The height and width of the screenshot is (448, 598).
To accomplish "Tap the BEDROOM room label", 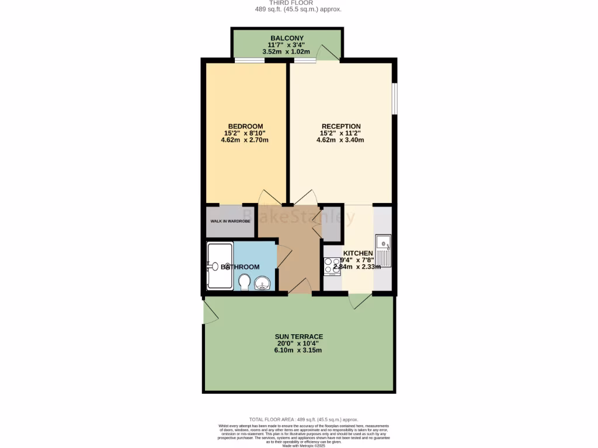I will point(245,127).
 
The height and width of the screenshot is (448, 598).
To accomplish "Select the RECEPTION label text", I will point(341,127).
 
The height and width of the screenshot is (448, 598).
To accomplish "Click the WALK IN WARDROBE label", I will point(230,222).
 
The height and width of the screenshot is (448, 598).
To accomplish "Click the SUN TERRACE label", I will point(299,337).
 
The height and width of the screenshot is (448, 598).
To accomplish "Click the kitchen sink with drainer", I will point(384,249).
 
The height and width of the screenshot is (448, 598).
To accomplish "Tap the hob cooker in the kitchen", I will point(332,266).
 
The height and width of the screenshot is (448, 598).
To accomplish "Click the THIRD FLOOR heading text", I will point(298,3).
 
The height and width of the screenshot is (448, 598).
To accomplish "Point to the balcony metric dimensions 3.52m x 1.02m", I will point(287,51).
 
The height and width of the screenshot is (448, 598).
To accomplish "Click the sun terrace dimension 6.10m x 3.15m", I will point(299,351).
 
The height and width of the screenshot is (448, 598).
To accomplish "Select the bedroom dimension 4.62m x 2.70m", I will point(245,141).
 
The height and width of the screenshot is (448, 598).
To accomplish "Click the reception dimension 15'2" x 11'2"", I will point(341,133).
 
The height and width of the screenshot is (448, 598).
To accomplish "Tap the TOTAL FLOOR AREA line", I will point(304,419).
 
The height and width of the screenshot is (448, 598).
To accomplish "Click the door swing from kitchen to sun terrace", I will point(359,302).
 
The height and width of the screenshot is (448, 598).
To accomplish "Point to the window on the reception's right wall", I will point(394,98).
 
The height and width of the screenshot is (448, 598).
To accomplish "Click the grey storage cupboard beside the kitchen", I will point(332,223).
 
